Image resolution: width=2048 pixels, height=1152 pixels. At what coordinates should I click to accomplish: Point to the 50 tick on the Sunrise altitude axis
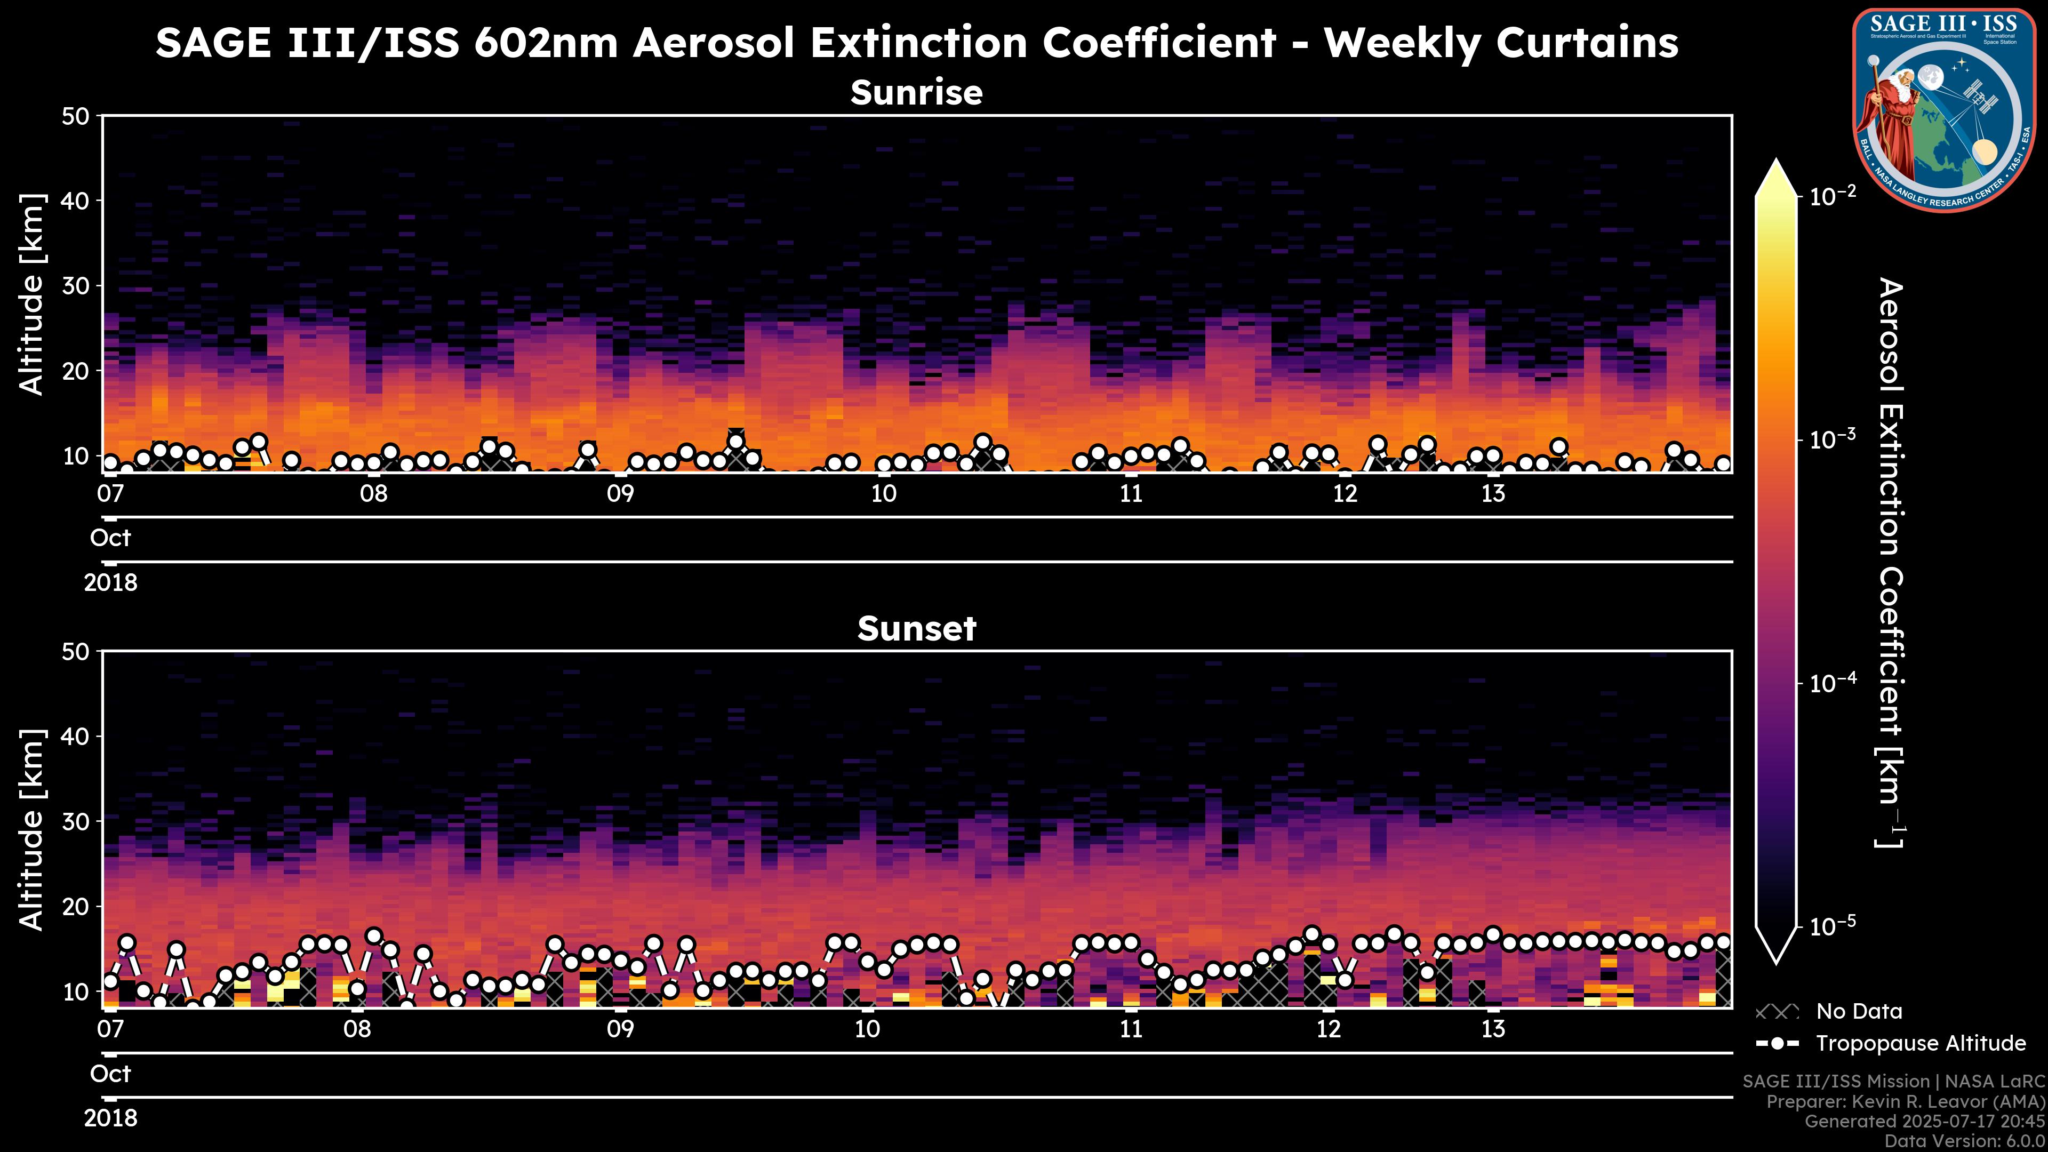(78, 116)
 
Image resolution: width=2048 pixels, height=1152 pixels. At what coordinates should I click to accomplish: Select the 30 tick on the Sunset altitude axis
(78, 821)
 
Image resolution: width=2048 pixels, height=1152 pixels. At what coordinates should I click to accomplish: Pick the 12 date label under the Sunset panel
(1329, 1029)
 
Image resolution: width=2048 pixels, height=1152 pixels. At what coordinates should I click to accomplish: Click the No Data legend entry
(1859, 1011)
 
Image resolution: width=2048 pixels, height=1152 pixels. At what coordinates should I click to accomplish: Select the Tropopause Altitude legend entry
(1920, 1043)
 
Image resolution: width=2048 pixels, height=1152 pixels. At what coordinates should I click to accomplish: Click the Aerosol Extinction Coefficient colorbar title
(1891, 563)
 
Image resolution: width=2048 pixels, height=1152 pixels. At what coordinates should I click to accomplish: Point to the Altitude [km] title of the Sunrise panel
(32, 294)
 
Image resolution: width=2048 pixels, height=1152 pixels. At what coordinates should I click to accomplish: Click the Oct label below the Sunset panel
(110, 1074)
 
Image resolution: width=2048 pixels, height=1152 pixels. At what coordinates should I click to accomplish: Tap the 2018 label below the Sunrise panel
(110, 583)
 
